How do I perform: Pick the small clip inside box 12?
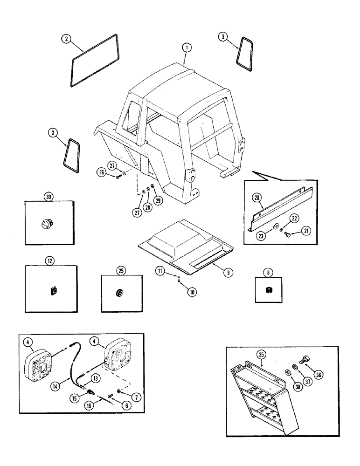pyautogui.click(x=53, y=291)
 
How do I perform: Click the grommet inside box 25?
pyautogui.click(x=119, y=293)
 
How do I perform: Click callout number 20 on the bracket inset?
pyautogui.click(x=191, y=292)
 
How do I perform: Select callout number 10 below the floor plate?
pyautogui.click(x=191, y=292)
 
